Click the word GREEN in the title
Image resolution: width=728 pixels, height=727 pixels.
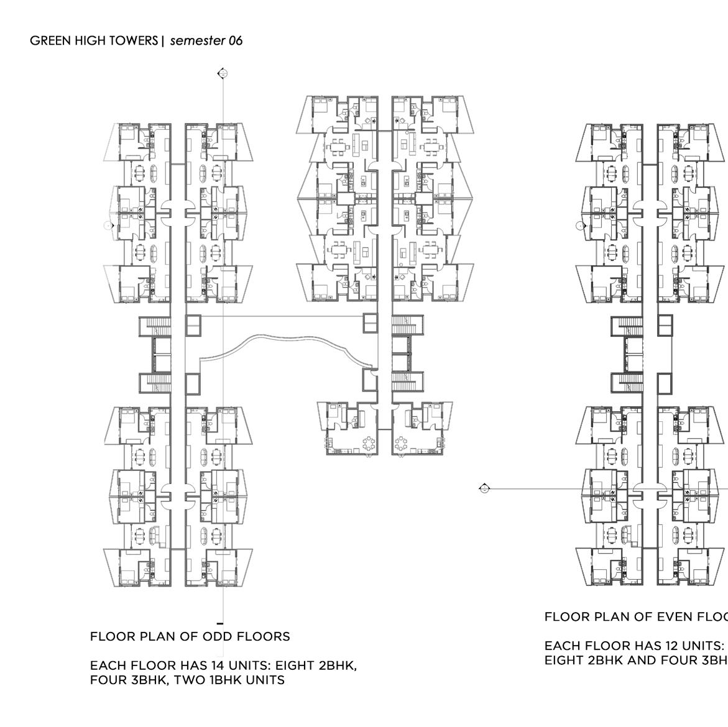46,41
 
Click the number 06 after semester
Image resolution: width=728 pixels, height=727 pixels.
235,41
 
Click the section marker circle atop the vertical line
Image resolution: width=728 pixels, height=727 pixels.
223,74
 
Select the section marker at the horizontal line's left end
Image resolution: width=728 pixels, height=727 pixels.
485,488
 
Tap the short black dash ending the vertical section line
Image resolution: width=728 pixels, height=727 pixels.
220,623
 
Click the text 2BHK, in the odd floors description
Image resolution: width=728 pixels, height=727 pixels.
338,665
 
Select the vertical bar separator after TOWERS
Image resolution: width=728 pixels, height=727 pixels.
163,41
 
